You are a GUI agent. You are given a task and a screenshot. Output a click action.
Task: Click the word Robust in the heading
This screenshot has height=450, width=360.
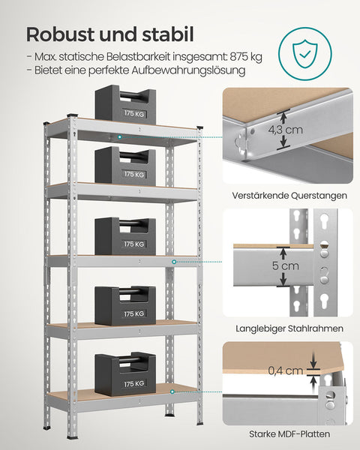[62, 34]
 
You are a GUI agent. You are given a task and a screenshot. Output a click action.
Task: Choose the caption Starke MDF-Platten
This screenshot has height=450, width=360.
[288, 434]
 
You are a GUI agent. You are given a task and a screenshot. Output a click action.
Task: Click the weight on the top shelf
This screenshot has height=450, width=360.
[124, 106]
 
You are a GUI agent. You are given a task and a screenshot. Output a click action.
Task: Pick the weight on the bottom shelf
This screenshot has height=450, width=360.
[124, 374]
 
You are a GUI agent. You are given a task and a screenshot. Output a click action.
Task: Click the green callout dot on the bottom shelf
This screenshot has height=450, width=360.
[172, 389]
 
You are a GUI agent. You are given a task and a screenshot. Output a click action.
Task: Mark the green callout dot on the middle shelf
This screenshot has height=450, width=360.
[175, 261]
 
